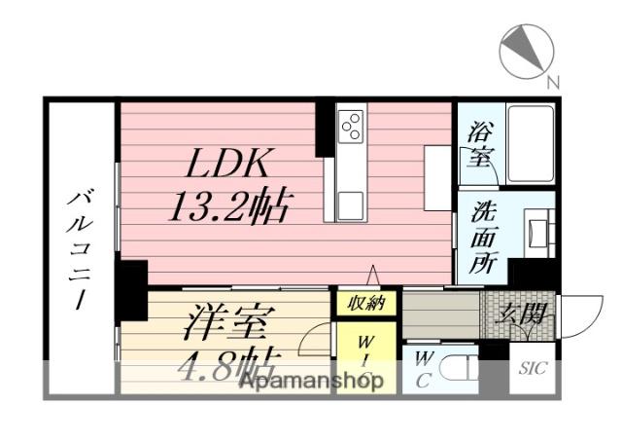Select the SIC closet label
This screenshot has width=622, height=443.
click(x=532, y=370)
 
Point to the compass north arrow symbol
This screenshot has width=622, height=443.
click(x=526, y=51)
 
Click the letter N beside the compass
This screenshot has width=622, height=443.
click(x=552, y=83)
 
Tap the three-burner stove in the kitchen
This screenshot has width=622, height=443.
click(x=351, y=128)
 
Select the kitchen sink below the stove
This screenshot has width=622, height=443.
click(x=351, y=205)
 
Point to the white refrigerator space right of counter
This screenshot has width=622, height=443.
click(x=436, y=176)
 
